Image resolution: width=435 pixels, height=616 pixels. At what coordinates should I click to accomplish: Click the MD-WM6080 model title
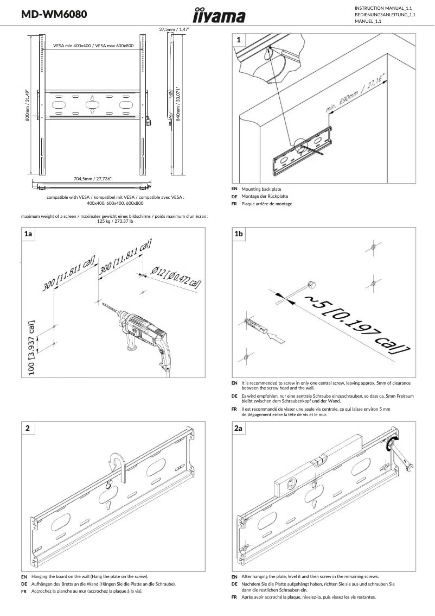[x=54, y=15]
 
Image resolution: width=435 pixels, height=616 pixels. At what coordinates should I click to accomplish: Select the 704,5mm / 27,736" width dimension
[x=93, y=178]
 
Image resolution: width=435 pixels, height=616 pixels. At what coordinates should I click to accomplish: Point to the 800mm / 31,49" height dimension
[x=27, y=105]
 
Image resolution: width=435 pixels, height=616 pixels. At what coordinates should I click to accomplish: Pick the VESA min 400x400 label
[x=93, y=46]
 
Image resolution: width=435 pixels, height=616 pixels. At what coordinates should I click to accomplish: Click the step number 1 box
[x=239, y=40]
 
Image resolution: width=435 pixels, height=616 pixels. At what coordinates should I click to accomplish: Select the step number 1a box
[x=28, y=234]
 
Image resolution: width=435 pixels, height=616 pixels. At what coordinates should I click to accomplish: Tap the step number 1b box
[x=239, y=234]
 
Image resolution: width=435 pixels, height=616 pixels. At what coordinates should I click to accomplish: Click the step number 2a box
[x=239, y=429]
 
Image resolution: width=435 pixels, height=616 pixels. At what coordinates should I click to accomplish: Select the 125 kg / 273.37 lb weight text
[x=114, y=221]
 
